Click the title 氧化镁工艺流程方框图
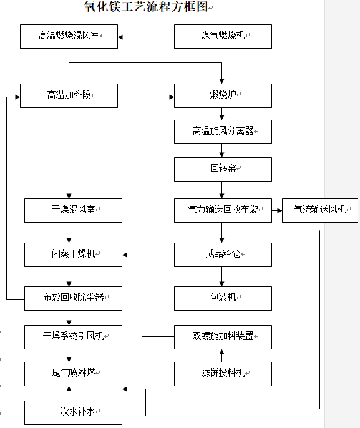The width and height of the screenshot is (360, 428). point(146,6)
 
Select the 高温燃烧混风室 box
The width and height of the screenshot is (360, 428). point(69,37)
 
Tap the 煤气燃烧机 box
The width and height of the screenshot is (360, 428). point(223,37)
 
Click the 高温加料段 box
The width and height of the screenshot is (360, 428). point(69,96)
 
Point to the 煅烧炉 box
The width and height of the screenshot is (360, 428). point(223,96)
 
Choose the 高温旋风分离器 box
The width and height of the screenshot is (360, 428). point(223,132)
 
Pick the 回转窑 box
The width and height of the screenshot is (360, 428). point(223,169)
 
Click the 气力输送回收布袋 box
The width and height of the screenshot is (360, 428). point(223,210)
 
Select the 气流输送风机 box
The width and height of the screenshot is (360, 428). point(320,210)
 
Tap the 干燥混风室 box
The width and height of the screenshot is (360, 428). point(73,210)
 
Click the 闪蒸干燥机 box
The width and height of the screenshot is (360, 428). point(73,255)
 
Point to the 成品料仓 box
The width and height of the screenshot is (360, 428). point(223,255)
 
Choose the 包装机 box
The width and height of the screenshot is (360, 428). point(223,298)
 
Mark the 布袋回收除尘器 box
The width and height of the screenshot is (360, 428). point(73,298)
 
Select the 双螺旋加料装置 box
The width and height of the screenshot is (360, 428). point(223,337)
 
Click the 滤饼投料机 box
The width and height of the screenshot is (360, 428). point(223,374)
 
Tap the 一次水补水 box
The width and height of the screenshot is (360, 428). point(73,413)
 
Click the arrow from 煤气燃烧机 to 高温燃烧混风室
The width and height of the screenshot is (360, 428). point(146,37)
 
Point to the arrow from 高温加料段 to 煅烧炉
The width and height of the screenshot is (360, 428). point(146,97)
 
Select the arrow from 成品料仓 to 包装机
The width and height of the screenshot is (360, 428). point(221,276)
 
